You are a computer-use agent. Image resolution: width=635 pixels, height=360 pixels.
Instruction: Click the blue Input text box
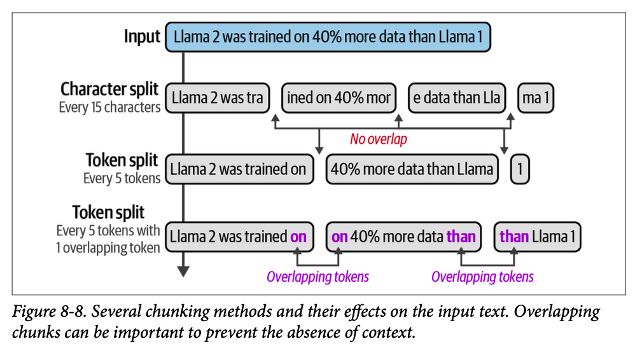click(x=328, y=37)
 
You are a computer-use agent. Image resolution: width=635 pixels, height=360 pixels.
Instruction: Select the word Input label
click(x=142, y=36)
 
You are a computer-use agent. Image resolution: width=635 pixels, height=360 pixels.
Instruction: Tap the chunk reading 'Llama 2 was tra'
click(x=218, y=98)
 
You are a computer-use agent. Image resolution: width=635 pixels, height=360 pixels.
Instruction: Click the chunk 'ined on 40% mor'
click(x=338, y=98)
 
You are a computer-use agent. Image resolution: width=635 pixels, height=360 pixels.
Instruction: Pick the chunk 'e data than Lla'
click(x=457, y=98)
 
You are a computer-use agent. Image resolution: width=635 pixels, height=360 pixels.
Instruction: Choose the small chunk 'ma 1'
click(x=537, y=98)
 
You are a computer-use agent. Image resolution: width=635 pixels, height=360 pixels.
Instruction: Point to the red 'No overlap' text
click(x=379, y=139)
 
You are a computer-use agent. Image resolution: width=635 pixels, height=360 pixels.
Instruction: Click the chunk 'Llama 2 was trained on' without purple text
click(x=239, y=169)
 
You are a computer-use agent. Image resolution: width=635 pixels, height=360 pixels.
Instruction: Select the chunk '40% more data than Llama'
click(x=413, y=169)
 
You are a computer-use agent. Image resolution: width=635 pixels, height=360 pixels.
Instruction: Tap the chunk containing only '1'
click(x=520, y=169)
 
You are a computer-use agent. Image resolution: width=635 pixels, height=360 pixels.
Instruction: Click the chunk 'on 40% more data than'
click(x=404, y=237)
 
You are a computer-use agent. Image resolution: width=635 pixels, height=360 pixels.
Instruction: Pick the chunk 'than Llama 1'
click(x=538, y=237)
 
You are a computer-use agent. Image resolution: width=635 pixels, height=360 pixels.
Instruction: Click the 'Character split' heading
click(x=109, y=89)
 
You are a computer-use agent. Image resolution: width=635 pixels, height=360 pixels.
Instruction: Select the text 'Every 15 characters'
click(x=109, y=107)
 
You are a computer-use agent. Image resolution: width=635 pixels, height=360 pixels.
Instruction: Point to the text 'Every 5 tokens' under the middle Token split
click(x=122, y=178)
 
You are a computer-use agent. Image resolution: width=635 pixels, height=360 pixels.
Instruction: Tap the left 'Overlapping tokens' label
click(x=317, y=277)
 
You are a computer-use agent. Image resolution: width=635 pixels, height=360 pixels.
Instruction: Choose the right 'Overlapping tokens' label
click(x=482, y=277)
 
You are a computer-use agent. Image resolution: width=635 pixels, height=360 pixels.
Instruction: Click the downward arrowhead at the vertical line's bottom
click(x=183, y=271)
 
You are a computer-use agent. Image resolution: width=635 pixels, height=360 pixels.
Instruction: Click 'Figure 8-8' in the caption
click(x=49, y=313)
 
